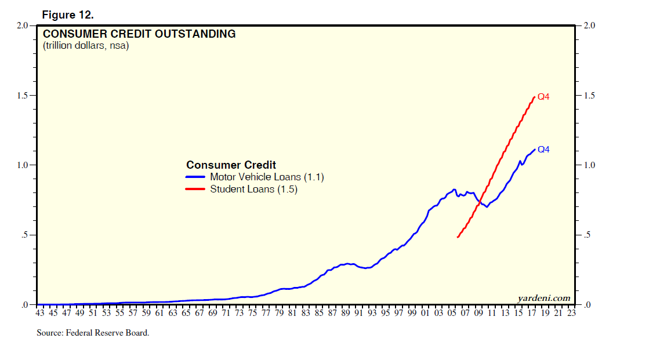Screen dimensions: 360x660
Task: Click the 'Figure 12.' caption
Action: (x=68, y=15)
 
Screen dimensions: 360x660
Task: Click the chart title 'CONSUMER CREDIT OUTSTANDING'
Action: (x=139, y=34)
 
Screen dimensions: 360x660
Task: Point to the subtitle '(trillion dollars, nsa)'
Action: (x=86, y=46)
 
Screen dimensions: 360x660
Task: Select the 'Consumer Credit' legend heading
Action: (x=231, y=165)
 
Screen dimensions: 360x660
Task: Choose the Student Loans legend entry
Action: (x=253, y=190)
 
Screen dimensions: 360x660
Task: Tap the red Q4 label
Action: (x=543, y=97)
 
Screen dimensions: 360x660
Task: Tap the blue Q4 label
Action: (x=543, y=150)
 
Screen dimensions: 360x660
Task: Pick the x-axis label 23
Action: (x=571, y=314)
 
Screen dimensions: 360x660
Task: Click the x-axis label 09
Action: (x=478, y=314)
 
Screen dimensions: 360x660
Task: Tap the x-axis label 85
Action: (x=318, y=314)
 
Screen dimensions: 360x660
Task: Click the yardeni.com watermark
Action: (x=543, y=299)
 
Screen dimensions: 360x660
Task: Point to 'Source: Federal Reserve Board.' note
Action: (x=93, y=333)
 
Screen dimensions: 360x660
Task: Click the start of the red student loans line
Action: (x=458, y=237)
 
